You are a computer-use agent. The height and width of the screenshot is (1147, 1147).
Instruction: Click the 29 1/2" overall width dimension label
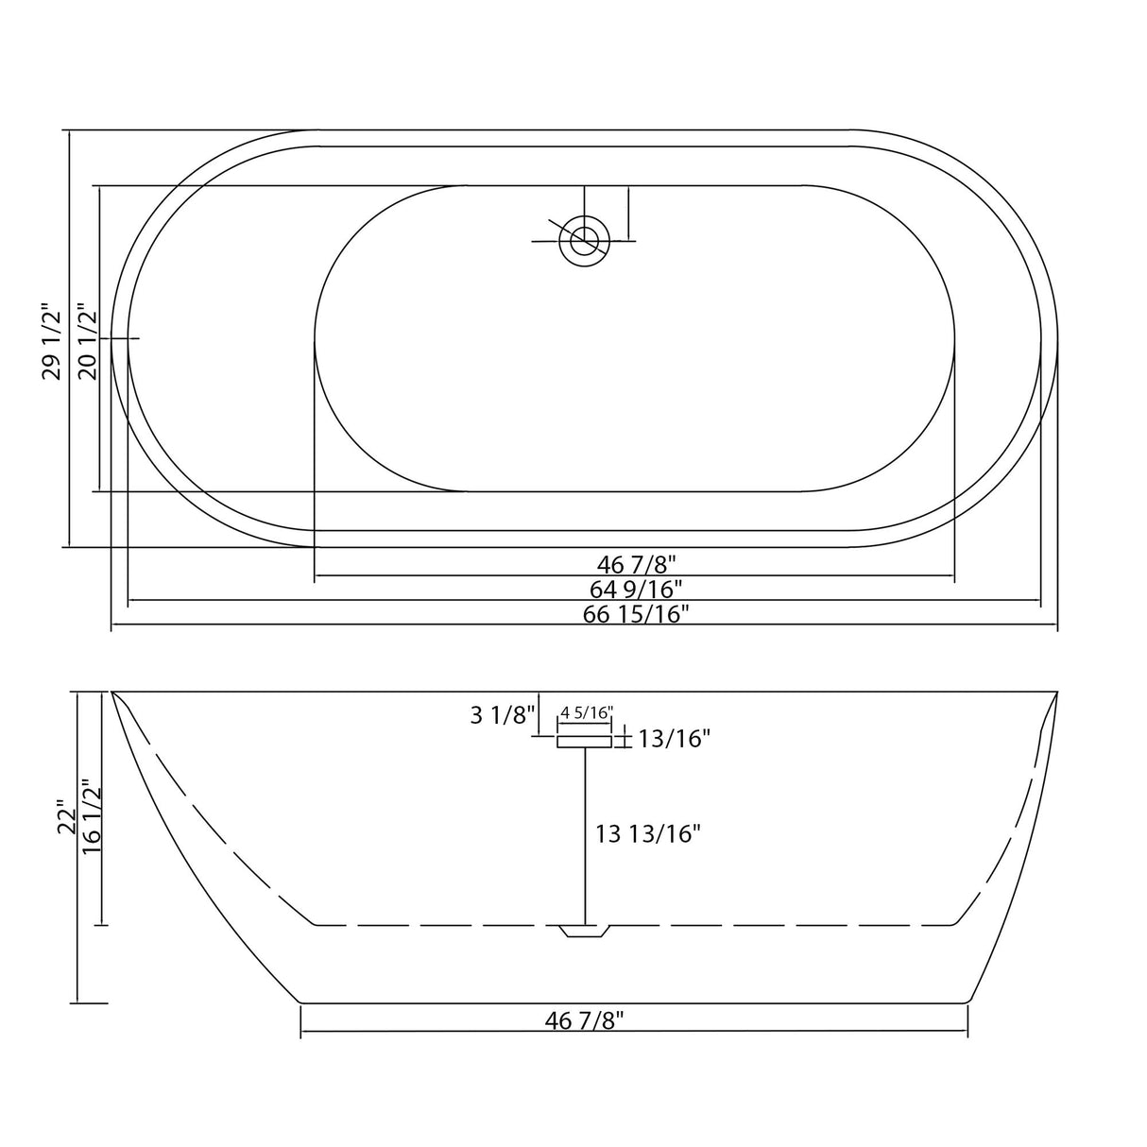(51, 341)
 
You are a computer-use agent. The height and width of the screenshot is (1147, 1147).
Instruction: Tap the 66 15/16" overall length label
(637, 614)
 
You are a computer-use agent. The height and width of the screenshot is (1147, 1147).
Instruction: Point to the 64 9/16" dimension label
(636, 590)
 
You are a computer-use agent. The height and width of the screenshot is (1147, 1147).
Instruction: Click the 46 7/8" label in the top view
(637, 565)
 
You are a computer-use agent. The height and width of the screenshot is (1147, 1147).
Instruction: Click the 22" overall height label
(65, 818)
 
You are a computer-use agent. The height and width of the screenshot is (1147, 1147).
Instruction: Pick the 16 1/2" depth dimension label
(91, 816)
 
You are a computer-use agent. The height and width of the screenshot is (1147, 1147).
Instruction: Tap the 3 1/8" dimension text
(503, 715)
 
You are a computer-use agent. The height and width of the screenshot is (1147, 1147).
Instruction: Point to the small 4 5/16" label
(587, 711)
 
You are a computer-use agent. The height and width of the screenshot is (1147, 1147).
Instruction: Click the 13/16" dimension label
(674, 739)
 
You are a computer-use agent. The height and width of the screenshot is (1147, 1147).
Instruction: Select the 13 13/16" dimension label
(647, 833)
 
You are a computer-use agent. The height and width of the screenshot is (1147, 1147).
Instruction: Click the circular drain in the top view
(584, 240)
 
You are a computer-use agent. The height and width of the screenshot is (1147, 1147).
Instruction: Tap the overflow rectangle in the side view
(585, 743)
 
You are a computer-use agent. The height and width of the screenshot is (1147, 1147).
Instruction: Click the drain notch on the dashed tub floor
(585, 932)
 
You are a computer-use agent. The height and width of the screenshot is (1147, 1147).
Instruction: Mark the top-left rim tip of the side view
(113, 693)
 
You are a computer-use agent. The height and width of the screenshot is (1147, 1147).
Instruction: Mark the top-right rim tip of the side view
(1055, 693)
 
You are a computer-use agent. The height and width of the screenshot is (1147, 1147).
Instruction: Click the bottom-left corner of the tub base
(300, 1002)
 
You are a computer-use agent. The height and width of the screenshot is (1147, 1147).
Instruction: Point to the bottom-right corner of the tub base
(967, 1002)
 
